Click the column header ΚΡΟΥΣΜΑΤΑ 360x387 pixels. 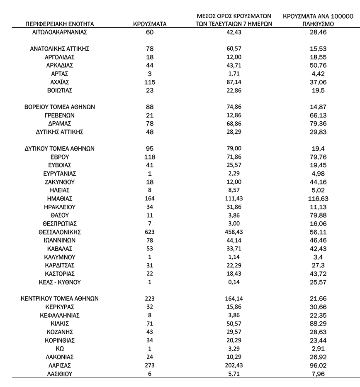click(x=150, y=24)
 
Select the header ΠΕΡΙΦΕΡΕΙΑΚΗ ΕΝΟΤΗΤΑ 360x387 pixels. click(x=60, y=24)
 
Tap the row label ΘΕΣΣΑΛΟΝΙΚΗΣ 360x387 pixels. click(x=60, y=232)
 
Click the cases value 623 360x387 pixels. click(x=150, y=232)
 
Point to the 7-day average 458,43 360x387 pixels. click(x=234, y=232)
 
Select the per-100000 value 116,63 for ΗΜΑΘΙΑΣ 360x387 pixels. click(x=318, y=198)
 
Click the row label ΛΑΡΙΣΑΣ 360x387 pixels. click(x=60, y=365)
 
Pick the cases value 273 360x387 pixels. click(x=150, y=365)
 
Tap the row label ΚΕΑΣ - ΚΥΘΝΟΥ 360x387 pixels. click(x=60, y=282)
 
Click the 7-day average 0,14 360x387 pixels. click(x=234, y=282)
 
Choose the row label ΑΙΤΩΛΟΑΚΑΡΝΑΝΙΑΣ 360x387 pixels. click(x=60, y=32)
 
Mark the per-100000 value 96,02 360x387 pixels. click(x=318, y=365)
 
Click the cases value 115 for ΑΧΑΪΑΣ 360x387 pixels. click(x=150, y=82)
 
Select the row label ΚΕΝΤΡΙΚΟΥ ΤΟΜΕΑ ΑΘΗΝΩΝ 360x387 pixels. click(x=60, y=299)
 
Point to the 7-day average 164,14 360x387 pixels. click(x=234, y=299)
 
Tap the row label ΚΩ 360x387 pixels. click(x=60, y=348)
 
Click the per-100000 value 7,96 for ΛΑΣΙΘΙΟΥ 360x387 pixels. click(x=318, y=374)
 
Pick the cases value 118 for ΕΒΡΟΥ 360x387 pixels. click(x=150, y=157)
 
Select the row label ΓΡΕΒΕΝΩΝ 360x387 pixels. click(x=60, y=115)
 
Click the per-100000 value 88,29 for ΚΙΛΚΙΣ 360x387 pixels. click(x=318, y=323)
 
